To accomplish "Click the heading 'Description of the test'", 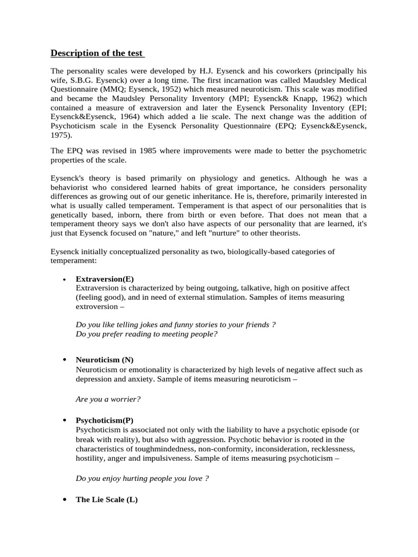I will click(97, 53).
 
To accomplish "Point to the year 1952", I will click(206, 89).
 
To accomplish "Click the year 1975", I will click(61, 135).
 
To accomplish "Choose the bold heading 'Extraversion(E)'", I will click(105, 278).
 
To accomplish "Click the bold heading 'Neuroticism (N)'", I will click(104, 360).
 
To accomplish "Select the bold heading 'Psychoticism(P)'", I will click(104, 420).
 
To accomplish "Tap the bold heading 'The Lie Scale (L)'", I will click(107, 499).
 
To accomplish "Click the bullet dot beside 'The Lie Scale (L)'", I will click(65, 499).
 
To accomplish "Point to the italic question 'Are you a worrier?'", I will click(108, 399).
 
